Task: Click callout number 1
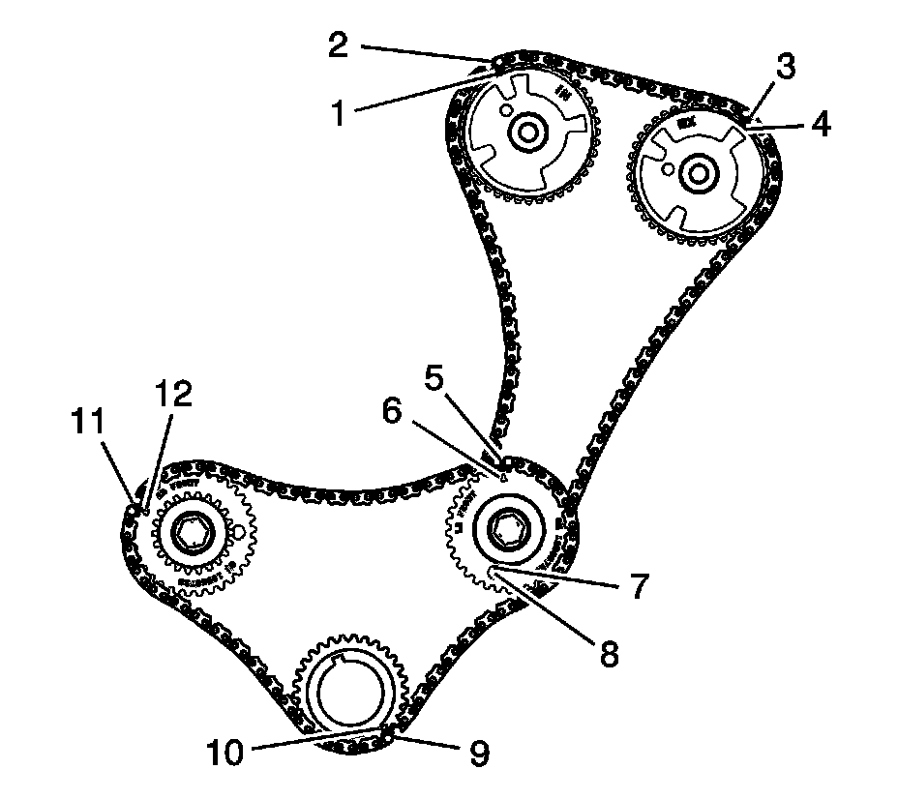tap(339, 114)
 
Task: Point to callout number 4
tap(820, 126)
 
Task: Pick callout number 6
tap(392, 410)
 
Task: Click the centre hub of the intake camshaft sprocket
tap(526, 133)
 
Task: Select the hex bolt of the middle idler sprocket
tap(505, 528)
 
